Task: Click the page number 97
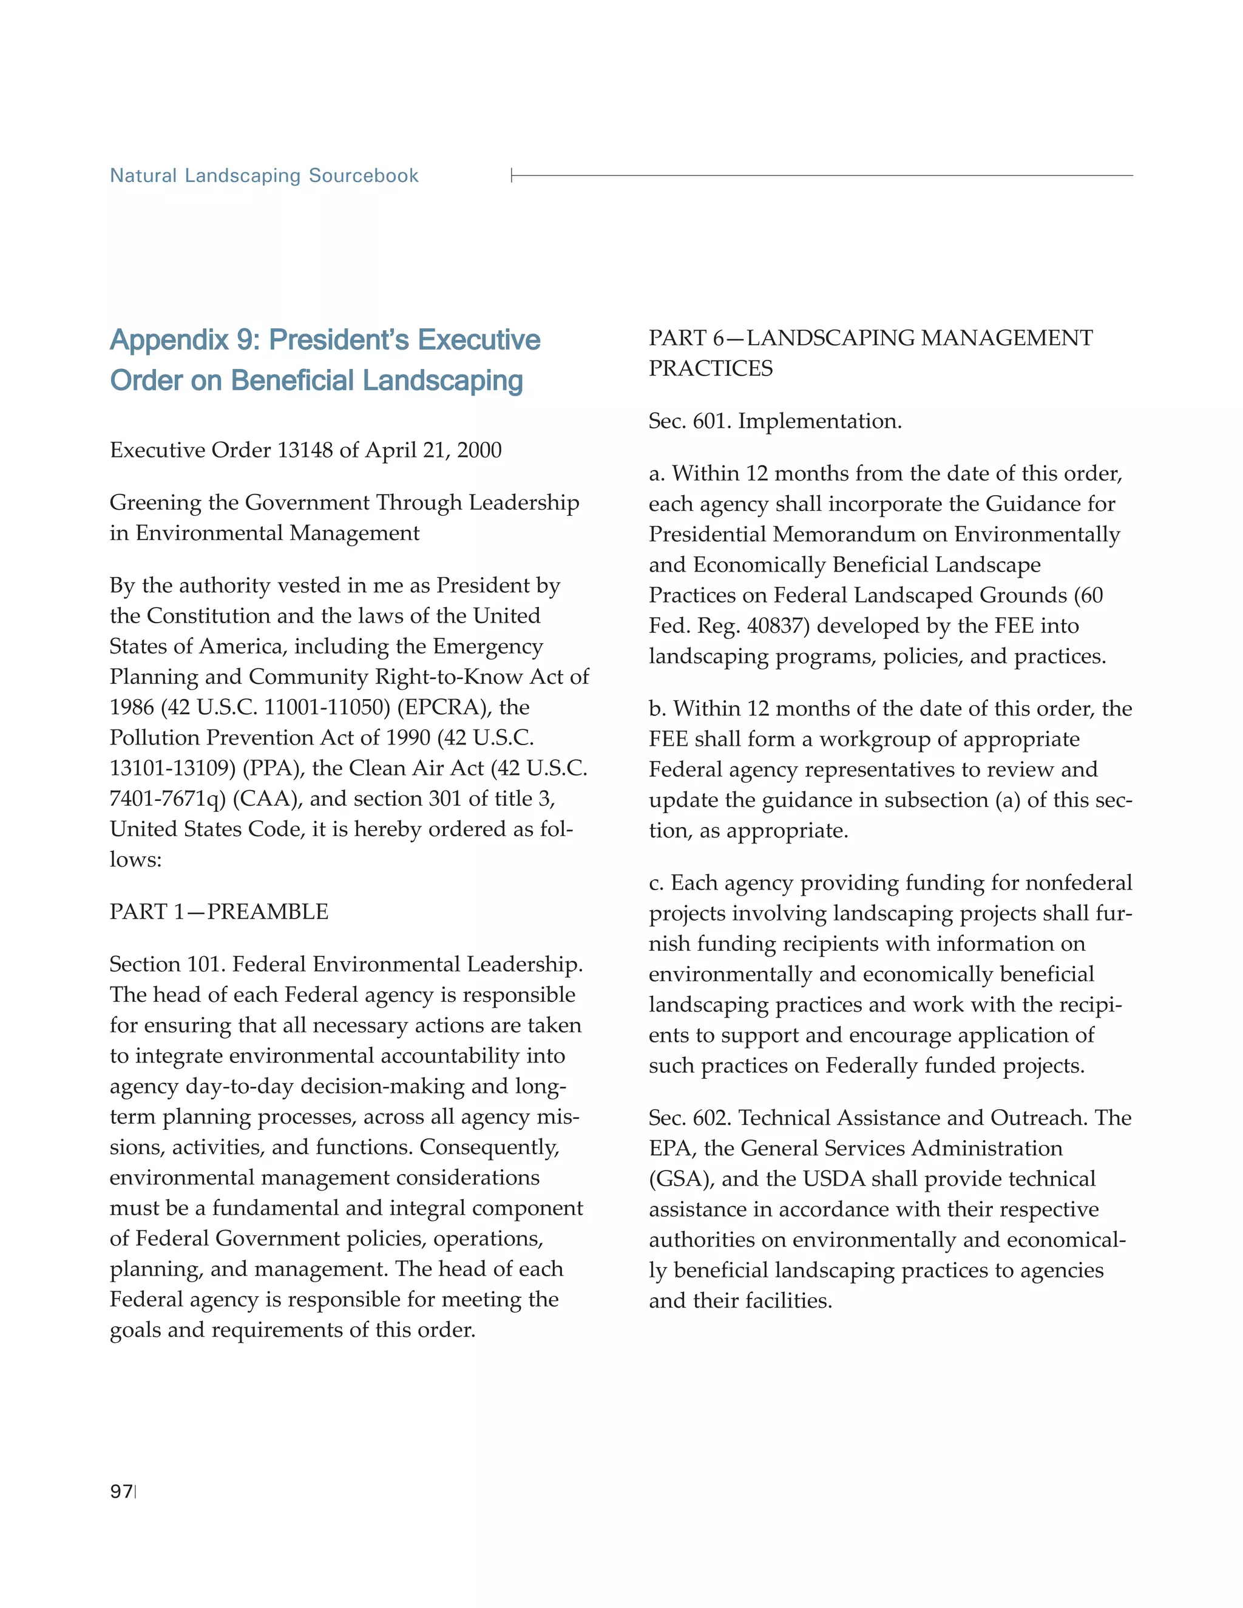point(121,1491)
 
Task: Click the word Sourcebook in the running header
point(363,176)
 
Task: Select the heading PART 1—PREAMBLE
point(218,912)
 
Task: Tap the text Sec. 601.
point(689,422)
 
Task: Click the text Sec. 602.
point(689,1118)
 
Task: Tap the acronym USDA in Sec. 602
point(833,1179)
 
